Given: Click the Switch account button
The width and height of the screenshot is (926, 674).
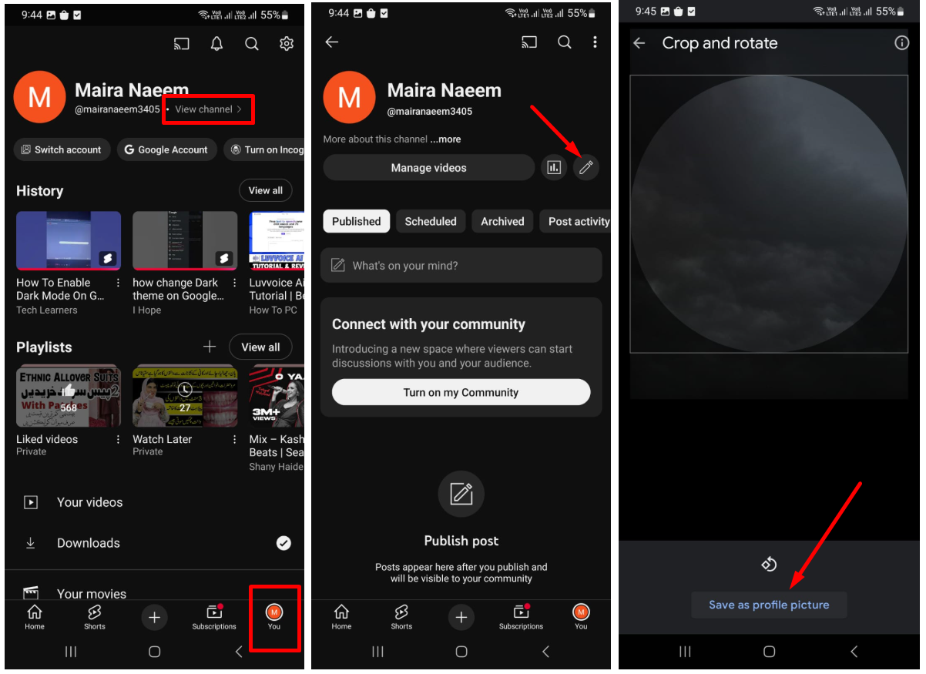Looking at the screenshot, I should pyautogui.click(x=62, y=149).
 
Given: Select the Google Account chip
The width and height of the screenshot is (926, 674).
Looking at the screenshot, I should pyautogui.click(x=166, y=149).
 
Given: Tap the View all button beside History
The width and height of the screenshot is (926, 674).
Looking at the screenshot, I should pyautogui.click(x=265, y=190).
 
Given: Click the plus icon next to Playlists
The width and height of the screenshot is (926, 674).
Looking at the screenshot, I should pyautogui.click(x=210, y=347).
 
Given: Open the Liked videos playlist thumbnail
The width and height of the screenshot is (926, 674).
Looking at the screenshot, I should pyautogui.click(x=69, y=396).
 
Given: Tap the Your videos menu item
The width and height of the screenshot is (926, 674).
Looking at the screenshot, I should pyautogui.click(x=89, y=502).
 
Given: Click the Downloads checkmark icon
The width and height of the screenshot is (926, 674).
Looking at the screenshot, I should pyautogui.click(x=284, y=543).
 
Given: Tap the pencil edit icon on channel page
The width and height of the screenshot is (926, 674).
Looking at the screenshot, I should pyautogui.click(x=585, y=167).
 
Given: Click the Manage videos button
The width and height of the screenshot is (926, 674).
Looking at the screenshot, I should pyautogui.click(x=428, y=167).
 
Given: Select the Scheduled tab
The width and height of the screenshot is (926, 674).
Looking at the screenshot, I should pyautogui.click(x=431, y=221).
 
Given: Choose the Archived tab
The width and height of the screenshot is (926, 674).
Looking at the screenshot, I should pyautogui.click(x=502, y=221).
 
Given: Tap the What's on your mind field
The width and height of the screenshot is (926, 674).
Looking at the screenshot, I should pyautogui.click(x=461, y=265).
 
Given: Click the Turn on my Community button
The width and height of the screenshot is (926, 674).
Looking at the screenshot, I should pyautogui.click(x=461, y=392).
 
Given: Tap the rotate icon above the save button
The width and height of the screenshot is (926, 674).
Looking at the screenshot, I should pyautogui.click(x=769, y=564).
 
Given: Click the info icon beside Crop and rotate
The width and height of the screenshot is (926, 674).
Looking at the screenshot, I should pyautogui.click(x=901, y=43).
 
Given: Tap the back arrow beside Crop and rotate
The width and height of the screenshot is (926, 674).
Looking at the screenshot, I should pyautogui.click(x=639, y=43).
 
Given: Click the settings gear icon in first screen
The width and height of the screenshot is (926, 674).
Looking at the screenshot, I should pyautogui.click(x=287, y=44).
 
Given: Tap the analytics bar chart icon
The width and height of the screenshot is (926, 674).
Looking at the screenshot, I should pyautogui.click(x=553, y=167).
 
